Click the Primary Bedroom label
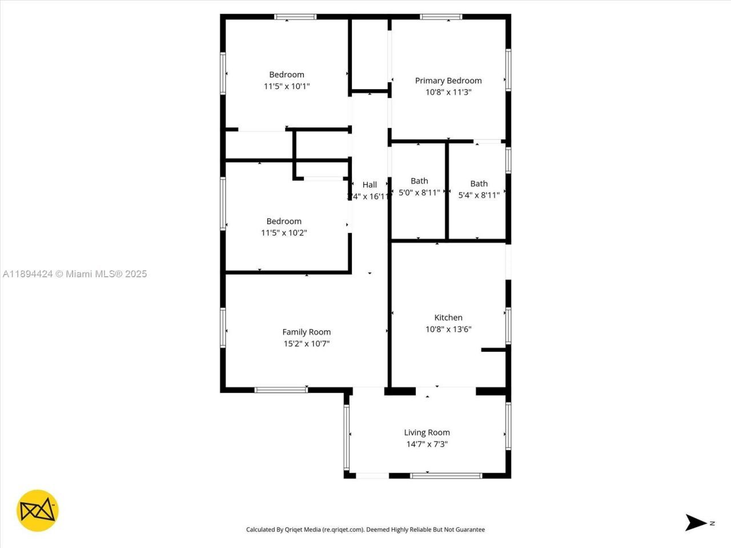coord(448,80)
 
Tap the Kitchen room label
coord(448,317)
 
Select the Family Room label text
coord(307,332)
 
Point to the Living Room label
coord(427,433)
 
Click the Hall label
coord(369,184)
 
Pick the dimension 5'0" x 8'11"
coord(419,193)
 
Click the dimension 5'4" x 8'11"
coord(479,195)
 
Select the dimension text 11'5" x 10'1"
coord(287,86)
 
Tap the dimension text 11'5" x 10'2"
coord(284,233)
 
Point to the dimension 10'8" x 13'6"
coord(448,329)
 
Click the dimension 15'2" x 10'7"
coord(307,344)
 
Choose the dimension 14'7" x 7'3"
coord(427,444)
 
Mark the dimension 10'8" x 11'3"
coord(448,92)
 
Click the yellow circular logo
coord(38,510)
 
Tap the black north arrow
coord(696,522)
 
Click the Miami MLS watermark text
coord(75,274)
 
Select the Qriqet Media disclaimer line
coord(365,530)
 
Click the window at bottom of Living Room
coord(446,476)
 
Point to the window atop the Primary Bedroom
coord(441,17)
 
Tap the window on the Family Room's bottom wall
coord(281,390)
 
